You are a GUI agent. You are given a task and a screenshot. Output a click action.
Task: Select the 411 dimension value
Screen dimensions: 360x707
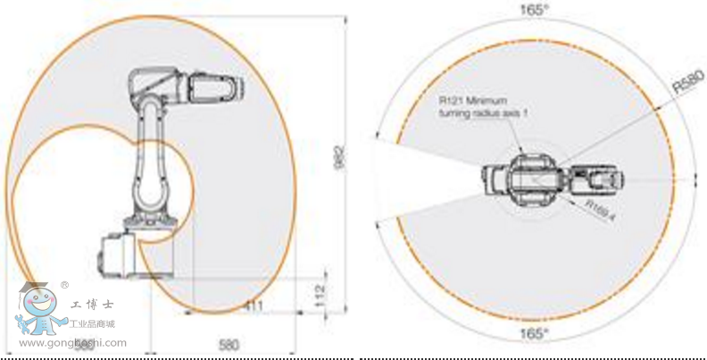tap(255, 306)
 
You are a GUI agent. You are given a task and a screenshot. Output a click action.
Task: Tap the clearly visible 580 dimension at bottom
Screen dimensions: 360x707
tap(229, 344)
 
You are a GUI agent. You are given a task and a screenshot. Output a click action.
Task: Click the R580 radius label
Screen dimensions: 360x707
tap(683, 85)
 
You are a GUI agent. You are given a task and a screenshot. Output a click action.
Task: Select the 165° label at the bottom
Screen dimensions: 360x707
tap(535, 334)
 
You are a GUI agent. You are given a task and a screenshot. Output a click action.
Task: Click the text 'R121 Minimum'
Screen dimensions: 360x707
tap(466, 102)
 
